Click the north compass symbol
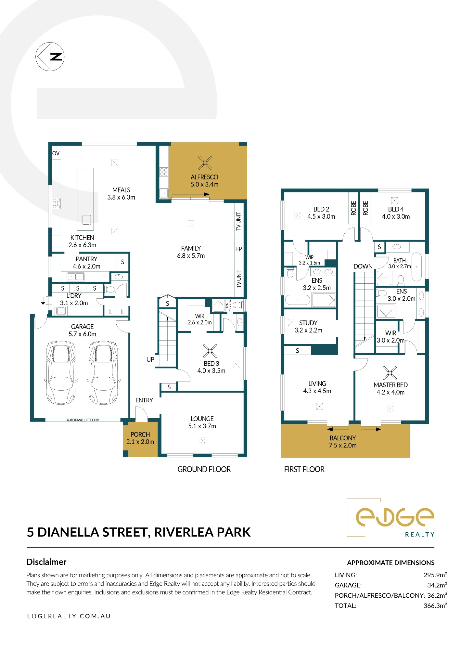(x=50, y=57)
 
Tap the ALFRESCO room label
(x=204, y=177)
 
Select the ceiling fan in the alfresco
(x=205, y=162)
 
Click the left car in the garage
(x=61, y=372)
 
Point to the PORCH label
(x=140, y=435)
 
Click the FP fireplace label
(x=239, y=249)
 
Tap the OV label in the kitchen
(x=56, y=153)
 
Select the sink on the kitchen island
(x=86, y=220)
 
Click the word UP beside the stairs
(x=150, y=359)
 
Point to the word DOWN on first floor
(x=363, y=266)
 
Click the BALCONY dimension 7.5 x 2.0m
(x=343, y=446)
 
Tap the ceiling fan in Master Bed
(x=390, y=373)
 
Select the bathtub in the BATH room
(x=417, y=266)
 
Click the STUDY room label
(x=308, y=323)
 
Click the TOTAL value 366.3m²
(x=435, y=606)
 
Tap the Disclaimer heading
(x=46, y=562)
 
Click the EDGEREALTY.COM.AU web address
(x=69, y=616)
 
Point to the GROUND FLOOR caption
(x=204, y=469)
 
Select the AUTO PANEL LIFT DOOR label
(x=83, y=420)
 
